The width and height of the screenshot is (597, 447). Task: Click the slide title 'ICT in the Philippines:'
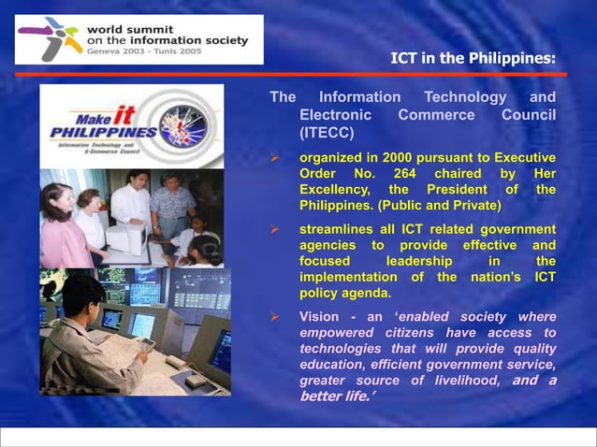click(473, 59)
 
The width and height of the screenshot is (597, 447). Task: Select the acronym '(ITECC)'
click(325, 134)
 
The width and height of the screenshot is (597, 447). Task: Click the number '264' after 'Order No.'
click(403, 173)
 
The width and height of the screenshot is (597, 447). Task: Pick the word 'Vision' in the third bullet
click(319, 317)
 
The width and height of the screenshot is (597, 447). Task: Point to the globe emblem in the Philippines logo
click(183, 125)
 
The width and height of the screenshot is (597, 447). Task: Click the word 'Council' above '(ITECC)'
click(529, 116)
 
